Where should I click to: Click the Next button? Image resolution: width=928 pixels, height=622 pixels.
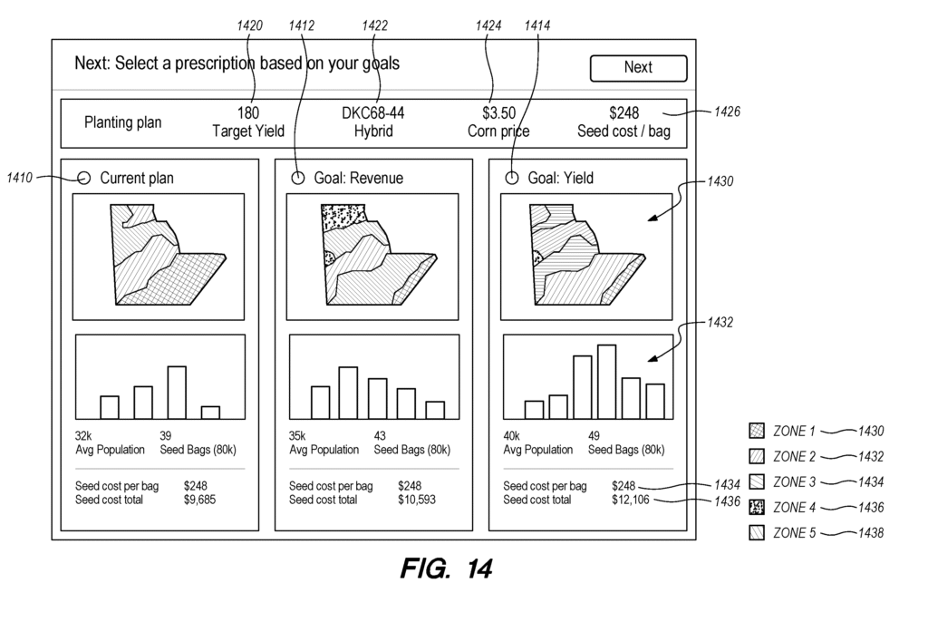638,68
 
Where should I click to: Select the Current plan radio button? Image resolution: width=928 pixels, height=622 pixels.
84,178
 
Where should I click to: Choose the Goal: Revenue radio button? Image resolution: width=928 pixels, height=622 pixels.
298,178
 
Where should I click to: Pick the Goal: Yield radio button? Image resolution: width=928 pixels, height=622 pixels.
512,178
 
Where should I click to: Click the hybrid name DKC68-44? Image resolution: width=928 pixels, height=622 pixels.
372,113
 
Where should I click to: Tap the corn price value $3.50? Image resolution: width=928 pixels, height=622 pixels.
498,113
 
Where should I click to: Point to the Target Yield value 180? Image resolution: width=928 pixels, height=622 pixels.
247,113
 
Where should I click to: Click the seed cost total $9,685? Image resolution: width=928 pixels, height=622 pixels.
199,499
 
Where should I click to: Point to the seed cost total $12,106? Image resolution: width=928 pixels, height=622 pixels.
630,499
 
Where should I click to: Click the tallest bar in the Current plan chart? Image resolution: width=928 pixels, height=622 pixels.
177,392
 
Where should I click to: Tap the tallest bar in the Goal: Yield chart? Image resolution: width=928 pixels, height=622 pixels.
606,381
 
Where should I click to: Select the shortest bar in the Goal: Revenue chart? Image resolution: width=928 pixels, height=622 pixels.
435,410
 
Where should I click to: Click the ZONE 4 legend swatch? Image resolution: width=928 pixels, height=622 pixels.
757,507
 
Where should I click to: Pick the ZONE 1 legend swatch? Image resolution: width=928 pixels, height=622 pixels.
757,431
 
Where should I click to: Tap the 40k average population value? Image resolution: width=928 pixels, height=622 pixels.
511,435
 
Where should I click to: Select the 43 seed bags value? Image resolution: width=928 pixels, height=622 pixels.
381,435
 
